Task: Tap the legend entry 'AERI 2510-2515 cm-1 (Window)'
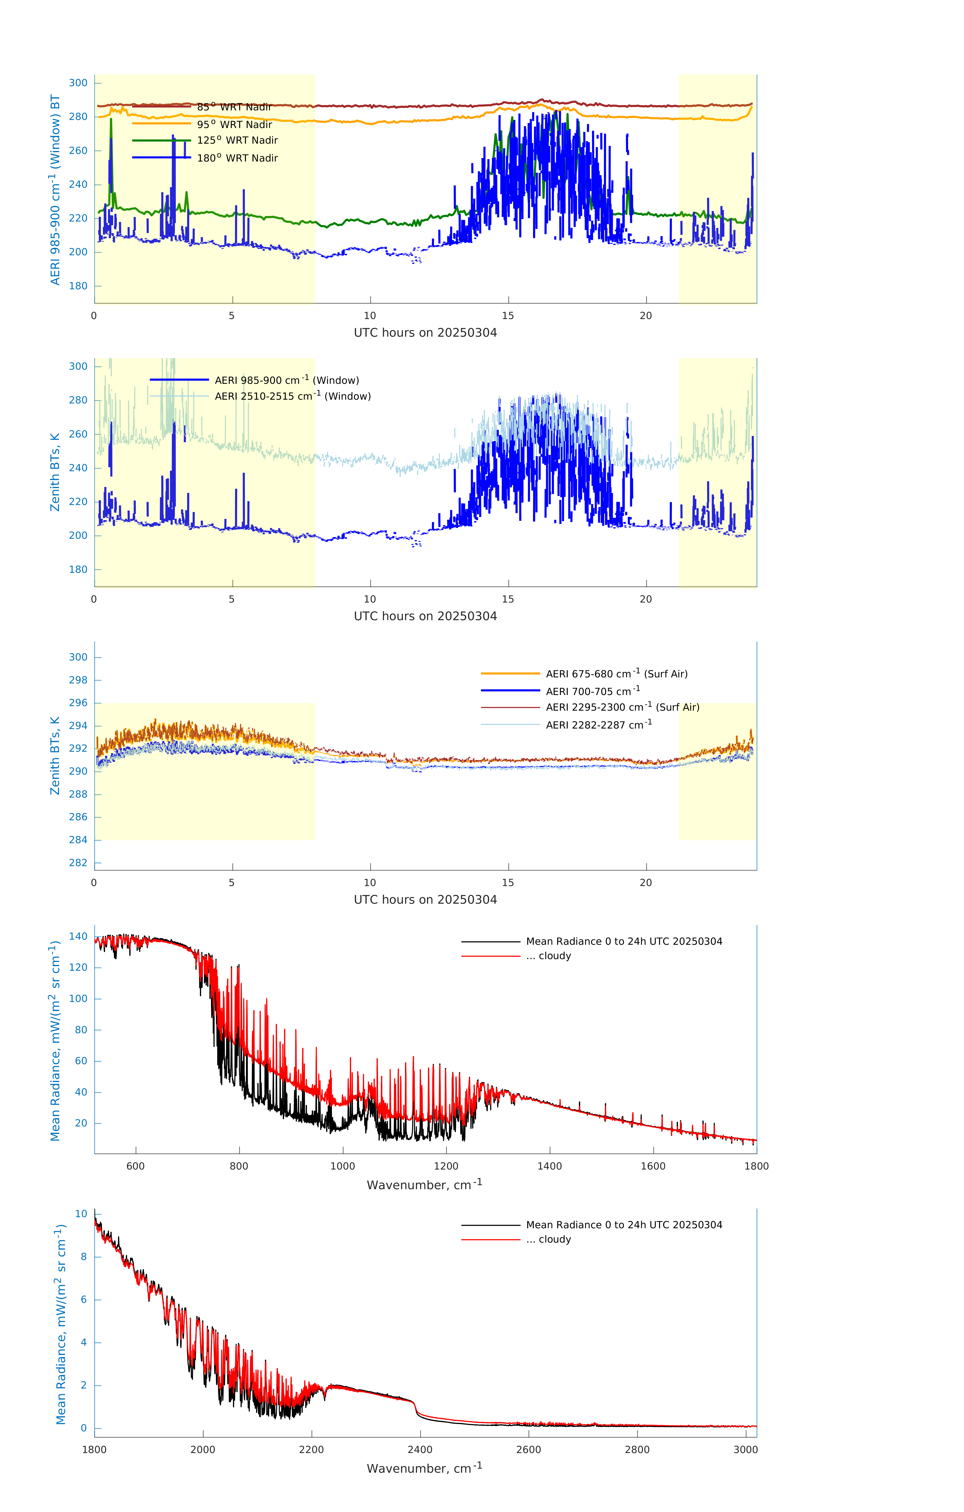[x=293, y=396]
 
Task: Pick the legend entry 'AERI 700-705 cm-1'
[x=592, y=691]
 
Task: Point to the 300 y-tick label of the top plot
[x=78, y=83]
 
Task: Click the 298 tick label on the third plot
[x=78, y=680]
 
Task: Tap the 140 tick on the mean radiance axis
[x=78, y=936]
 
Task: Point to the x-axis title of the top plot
[x=425, y=333]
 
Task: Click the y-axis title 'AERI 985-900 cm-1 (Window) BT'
[x=55, y=190]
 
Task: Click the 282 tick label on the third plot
[x=78, y=863]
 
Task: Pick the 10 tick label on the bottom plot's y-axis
[x=82, y=1214]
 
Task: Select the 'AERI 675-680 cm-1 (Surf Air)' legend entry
[x=616, y=674]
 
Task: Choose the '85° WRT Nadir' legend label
[x=234, y=107]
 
